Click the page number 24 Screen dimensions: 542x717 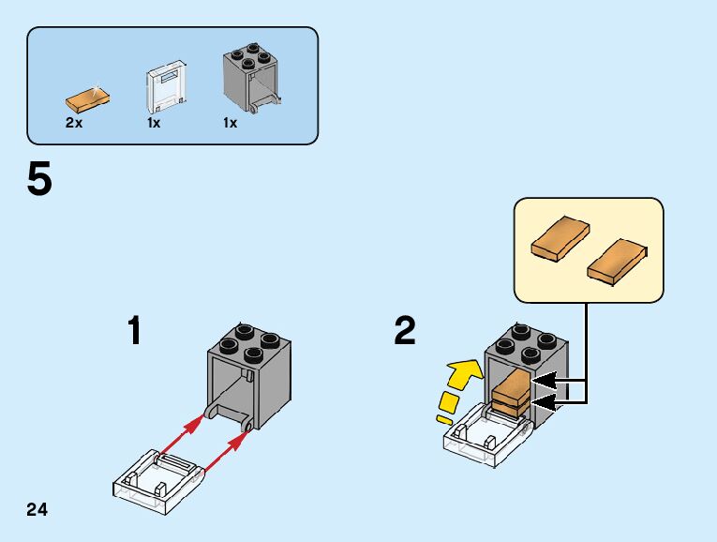tap(37, 510)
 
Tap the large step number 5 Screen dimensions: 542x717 tap(39, 179)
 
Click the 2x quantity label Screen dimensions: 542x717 tap(74, 123)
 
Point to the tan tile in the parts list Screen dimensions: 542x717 tap(85, 97)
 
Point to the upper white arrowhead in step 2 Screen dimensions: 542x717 tap(545, 381)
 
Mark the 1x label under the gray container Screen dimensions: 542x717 tap(230, 123)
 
